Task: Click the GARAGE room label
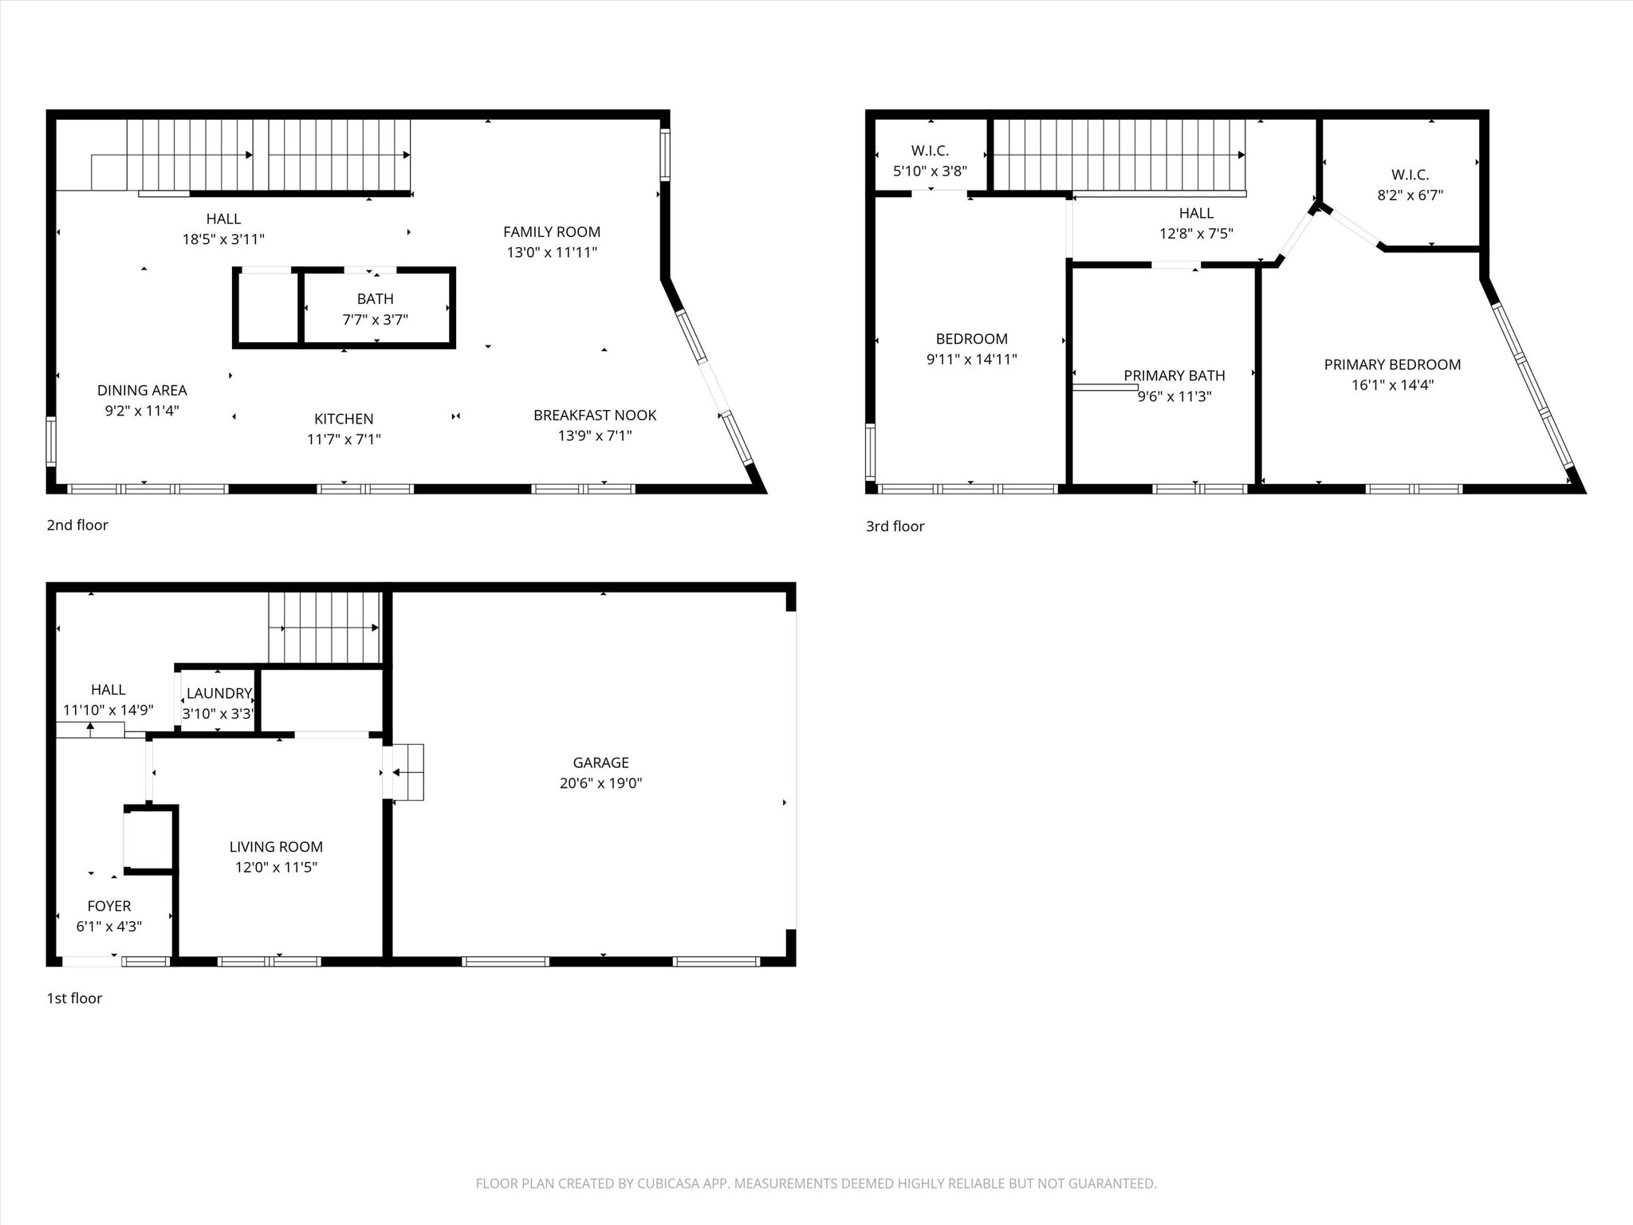pos(600,762)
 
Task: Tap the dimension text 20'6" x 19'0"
pos(600,783)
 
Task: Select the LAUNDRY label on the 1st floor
pos(219,694)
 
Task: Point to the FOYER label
pos(109,906)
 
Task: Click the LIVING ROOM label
pos(276,847)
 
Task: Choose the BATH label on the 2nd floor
pos(375,299)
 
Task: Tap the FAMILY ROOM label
pos(552,232)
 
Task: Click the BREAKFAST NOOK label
pos(595,416)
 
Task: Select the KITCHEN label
pos(344,419)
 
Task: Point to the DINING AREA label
pos(142,390)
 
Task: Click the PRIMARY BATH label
pos(1175,376)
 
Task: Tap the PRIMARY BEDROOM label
pos(1392,364)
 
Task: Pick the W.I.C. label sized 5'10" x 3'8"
pos(930,151)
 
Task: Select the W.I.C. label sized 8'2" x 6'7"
pos(1410,175)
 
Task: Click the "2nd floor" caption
pos(77,525)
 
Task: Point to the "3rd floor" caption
pos(895,526)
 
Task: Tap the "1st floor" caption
pos(74,999)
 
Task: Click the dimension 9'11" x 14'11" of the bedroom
pos(971,360)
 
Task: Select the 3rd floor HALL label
pos(1196,213)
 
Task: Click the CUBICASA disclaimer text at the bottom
pos(816,1184)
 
